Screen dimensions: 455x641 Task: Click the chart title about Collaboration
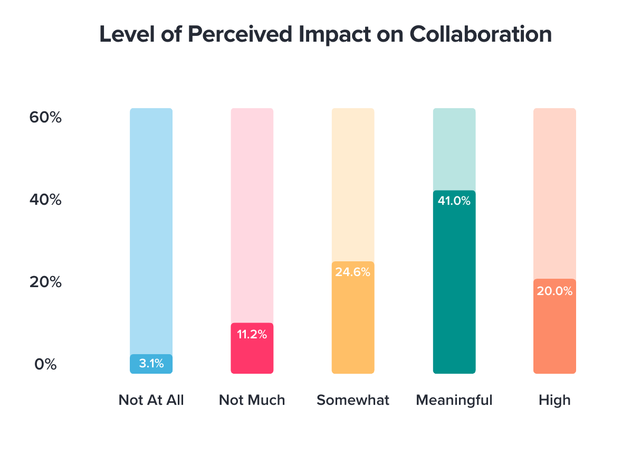(326, 35)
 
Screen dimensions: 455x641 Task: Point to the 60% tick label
(45, 117)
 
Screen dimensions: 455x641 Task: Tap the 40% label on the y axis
(45, 200)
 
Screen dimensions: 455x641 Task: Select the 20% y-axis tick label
(45, 282)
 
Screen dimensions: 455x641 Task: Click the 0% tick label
(45, 364)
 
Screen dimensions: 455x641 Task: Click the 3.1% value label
(151, 363)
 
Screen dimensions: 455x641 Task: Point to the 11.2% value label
(252, 334)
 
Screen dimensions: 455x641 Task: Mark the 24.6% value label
(353, 272)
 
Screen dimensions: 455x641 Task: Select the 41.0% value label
(454, 201)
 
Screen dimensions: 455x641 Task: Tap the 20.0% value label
(554, 290)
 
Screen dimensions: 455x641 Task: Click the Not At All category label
(151, 400)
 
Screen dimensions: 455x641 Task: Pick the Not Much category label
(252, 400)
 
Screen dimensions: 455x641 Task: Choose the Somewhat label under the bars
(353, 400)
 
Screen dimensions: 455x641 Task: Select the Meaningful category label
(454, 400)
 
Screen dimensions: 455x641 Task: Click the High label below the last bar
(554, 400)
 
